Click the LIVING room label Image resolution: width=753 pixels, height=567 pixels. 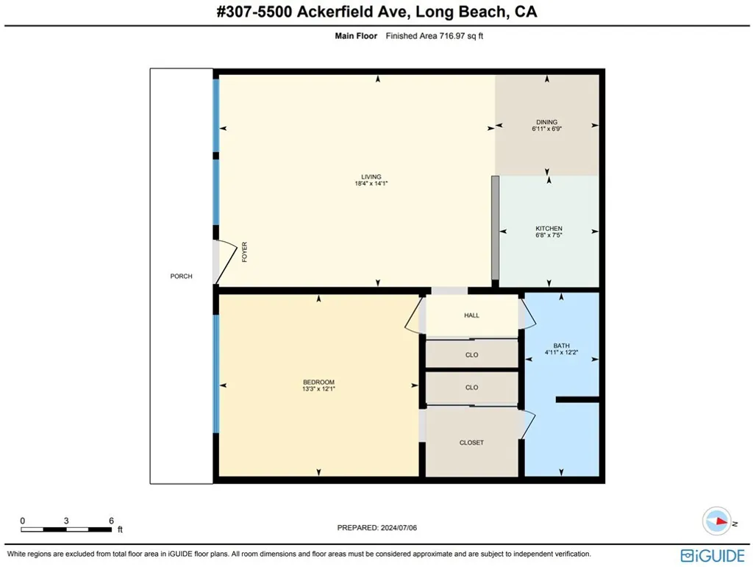click(x=371, y=176)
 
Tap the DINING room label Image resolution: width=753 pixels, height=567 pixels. click(x=546, y=122)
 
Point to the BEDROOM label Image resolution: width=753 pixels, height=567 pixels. click(x=318, y=382)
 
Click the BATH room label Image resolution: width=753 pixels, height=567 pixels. click(x=561, y=345)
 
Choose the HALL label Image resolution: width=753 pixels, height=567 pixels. click(x=471, y=315)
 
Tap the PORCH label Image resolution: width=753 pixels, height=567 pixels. click(x=181, y=277)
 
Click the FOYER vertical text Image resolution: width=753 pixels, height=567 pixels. click(x=245, y=254)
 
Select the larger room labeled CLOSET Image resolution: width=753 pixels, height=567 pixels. click(x=471, y=443)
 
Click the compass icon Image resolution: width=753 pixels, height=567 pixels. click(x=715, y=520)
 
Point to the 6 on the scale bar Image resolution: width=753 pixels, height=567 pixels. click(x=111, y=521)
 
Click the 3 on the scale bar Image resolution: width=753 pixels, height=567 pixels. click(x=66, y=521)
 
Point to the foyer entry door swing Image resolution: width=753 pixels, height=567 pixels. click(x=224, y=262)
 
